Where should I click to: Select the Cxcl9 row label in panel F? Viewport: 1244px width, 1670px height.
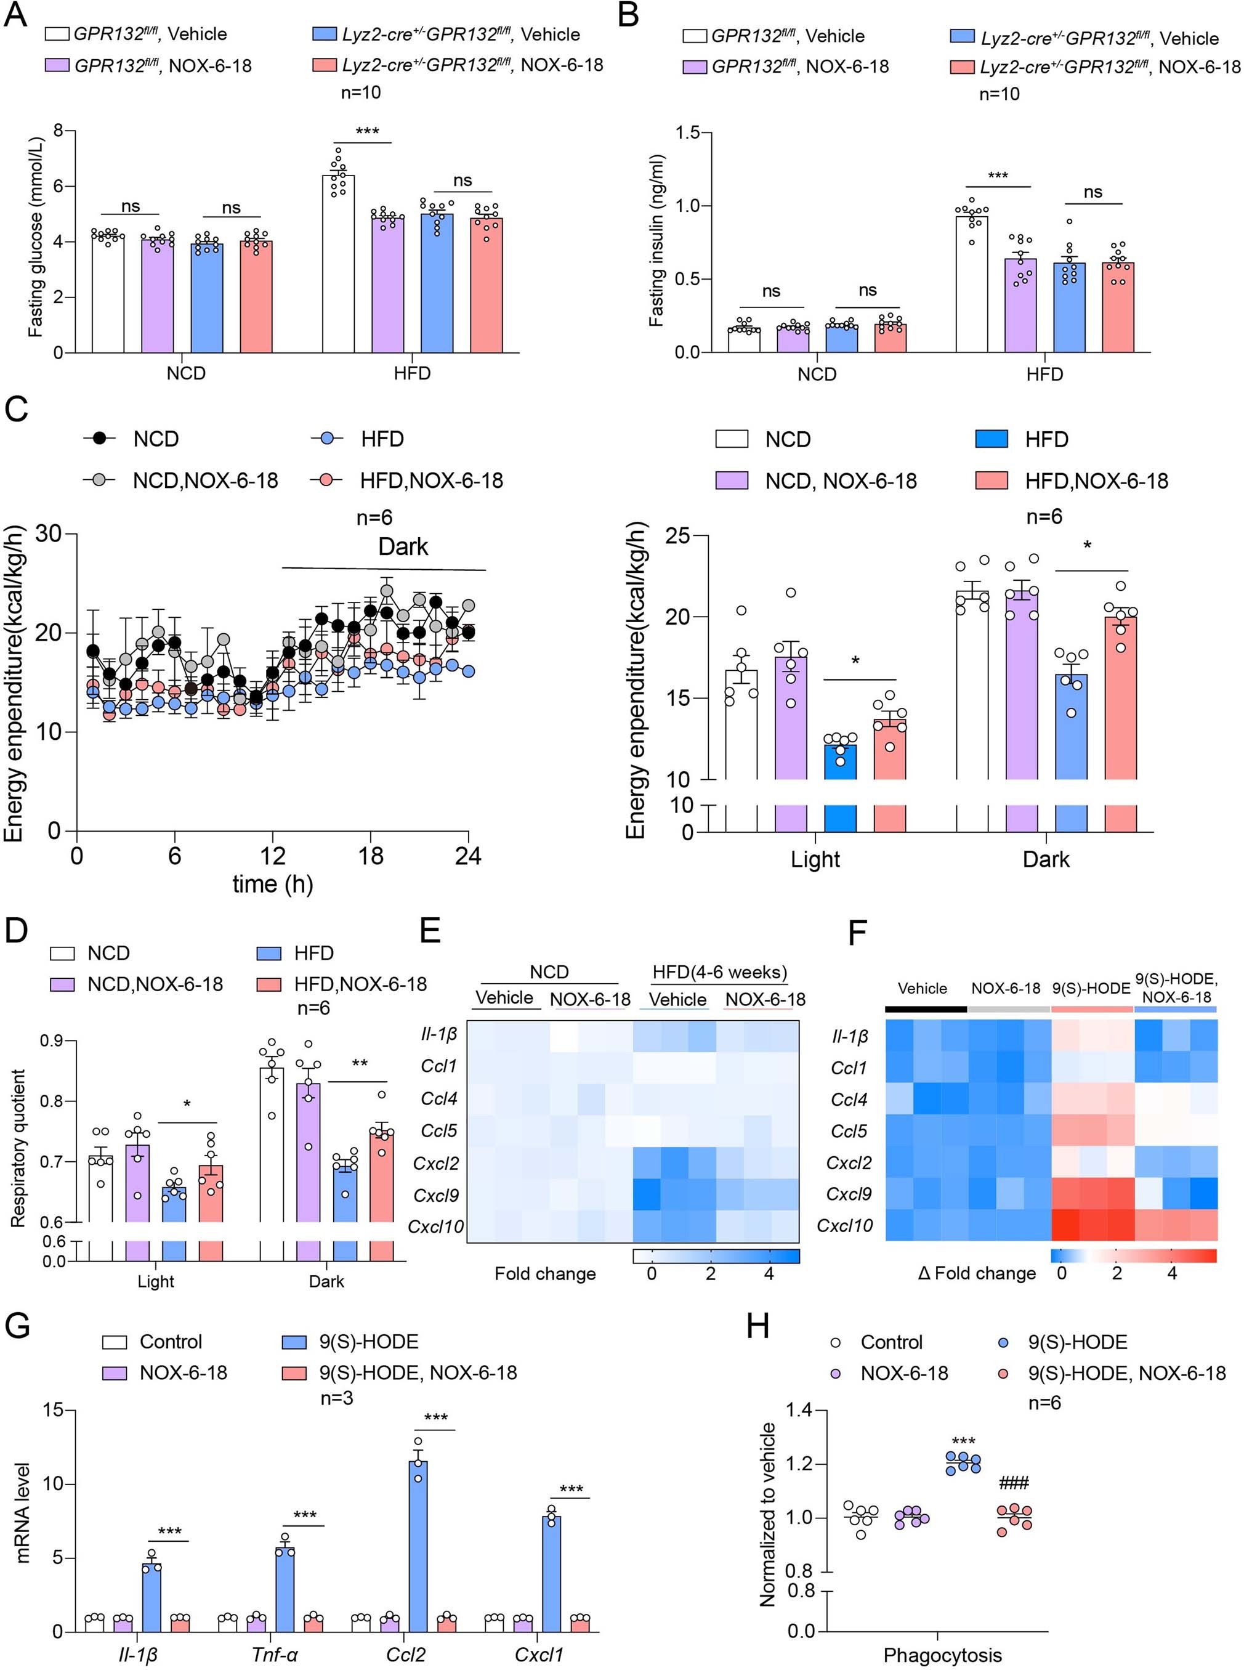[x=849, y=1194]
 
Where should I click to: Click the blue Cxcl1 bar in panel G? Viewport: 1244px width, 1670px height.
[x=551, y=1571]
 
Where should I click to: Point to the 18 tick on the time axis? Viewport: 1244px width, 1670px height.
[x=371, y=856]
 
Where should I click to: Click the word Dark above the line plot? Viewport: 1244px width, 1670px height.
[x=403, y=546]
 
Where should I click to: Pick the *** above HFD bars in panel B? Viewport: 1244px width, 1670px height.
[x=997, y=176]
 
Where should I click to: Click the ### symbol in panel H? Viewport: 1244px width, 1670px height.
[x=1014, y=1483]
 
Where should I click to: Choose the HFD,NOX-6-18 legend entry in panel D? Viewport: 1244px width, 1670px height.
[x=360, y=984]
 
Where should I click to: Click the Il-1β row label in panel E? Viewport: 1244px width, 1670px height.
[x=439, y=1035]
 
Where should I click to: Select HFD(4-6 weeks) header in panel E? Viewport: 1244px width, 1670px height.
[x=719, y=971]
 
